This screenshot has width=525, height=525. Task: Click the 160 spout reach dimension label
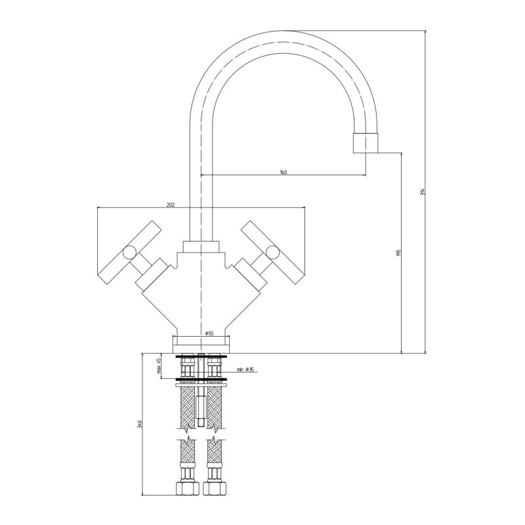coord(283,172)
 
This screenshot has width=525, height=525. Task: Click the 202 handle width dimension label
coord(171,205)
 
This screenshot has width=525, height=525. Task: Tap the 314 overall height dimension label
coord(423,192)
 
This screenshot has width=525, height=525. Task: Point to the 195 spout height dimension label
coord(398,253)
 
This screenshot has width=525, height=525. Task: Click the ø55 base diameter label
coord(209,333)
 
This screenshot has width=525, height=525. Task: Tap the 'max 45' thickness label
coord(159,366)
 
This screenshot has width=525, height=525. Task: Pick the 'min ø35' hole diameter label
coord(245,369)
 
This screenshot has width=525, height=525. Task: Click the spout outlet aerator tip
coord(366,143)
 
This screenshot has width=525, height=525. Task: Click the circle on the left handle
coord(129,253)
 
